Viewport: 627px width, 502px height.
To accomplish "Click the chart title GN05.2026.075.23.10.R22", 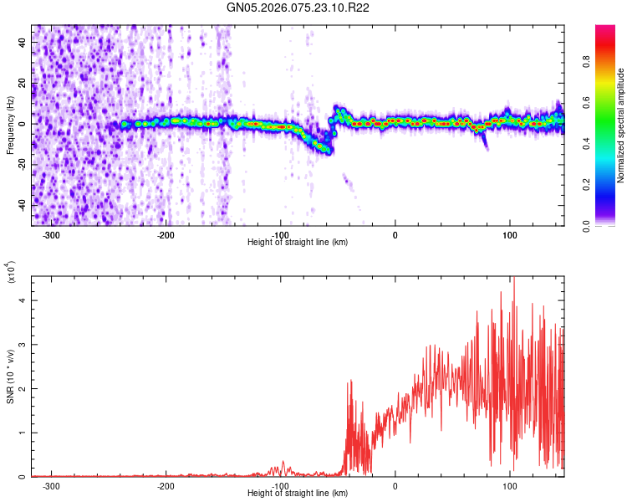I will tap(298, 8).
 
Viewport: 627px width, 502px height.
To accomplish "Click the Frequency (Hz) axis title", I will tap(10, 125).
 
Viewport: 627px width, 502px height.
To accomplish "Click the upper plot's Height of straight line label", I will tap(298, 243).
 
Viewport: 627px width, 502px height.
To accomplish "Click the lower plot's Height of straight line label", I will tap(298, 494).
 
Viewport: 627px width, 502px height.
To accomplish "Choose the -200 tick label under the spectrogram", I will tap(167, 235).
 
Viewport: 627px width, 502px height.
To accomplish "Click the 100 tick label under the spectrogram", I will tap(509, 235).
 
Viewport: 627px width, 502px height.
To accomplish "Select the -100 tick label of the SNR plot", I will tap(281, 486).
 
